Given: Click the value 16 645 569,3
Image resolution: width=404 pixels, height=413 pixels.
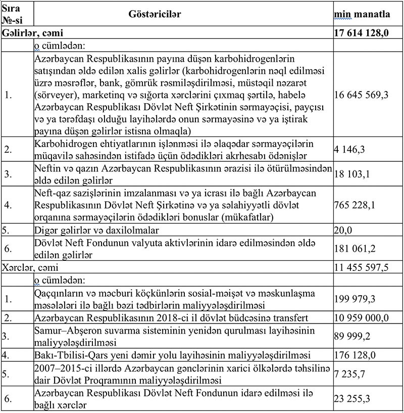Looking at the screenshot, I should [x=360, y=94].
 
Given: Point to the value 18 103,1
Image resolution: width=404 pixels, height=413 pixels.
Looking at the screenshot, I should [x=351, y=174].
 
